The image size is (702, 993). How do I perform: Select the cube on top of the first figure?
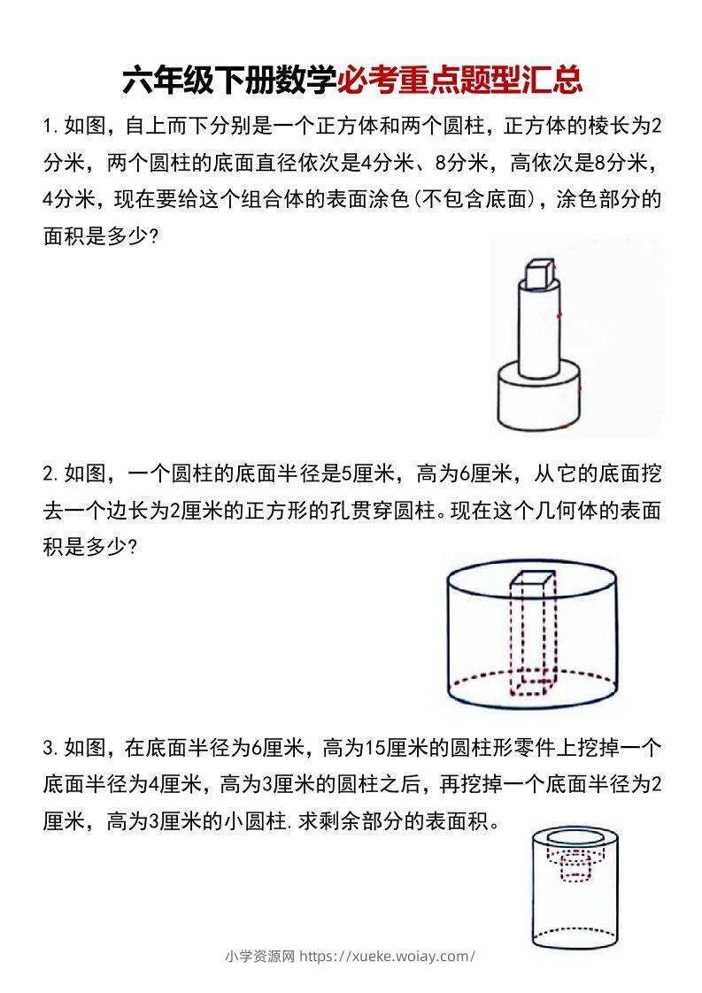pos(536,273)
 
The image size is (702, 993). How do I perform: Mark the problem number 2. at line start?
pos(50,474)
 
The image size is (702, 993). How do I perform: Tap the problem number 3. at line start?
pos(50,749)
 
